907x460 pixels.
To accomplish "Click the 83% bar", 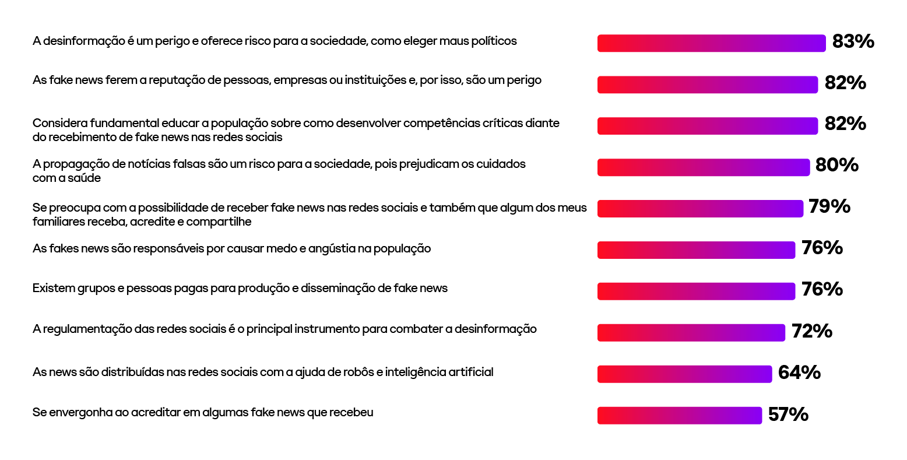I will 711,43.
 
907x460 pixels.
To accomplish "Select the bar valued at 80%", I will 703,167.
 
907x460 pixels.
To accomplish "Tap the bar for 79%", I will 700,209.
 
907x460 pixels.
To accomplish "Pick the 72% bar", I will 691,333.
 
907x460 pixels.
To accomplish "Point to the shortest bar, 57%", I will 679,416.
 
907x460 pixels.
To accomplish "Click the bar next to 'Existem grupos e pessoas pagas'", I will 696,292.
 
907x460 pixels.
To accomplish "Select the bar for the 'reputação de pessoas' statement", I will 707,85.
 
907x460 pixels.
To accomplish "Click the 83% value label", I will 853,41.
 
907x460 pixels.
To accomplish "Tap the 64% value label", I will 799,373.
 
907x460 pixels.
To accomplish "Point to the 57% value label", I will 788,415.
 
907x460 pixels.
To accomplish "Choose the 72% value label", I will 811,331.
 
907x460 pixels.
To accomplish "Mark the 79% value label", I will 829,206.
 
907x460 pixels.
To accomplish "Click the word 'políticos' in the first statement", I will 494,41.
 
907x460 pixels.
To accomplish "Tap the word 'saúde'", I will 85,178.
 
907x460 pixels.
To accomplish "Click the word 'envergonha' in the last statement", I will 81,413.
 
